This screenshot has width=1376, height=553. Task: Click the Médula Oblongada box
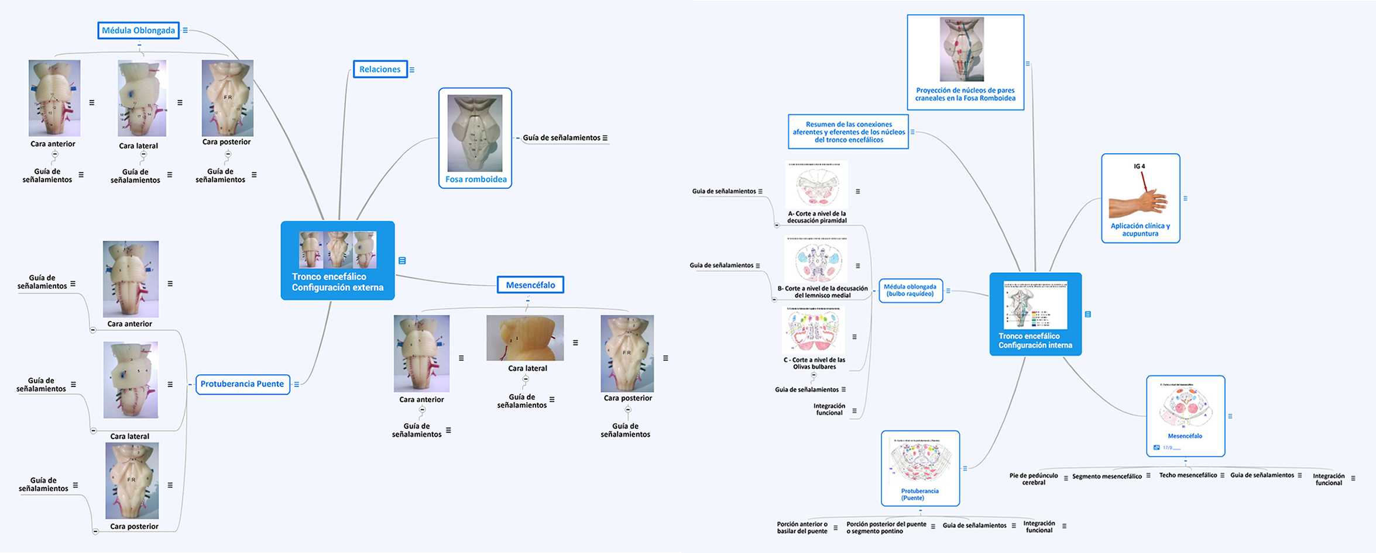[x=138, y=30]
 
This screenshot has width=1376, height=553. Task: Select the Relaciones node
[x=380, y=69]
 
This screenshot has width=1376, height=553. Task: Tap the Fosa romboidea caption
[x=476, y=179]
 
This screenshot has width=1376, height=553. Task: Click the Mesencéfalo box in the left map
[x=530, y=285]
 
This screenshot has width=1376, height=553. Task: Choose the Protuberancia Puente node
[x=242, y=384]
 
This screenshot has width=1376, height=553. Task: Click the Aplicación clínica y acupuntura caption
[x=1140, y=230]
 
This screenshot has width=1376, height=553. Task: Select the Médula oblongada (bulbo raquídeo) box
[x=910, y=291]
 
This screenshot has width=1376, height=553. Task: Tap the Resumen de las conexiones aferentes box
[x=849, y=132]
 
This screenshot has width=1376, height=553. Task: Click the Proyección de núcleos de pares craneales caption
[x=965, y=94]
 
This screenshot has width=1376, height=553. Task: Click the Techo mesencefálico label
[x=1188, y=475]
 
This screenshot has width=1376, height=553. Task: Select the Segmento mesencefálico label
[x=1107, y=476]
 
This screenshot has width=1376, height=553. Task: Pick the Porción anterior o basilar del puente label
[x=802, y=528]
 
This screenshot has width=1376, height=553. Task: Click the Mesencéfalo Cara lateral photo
[x=525, y=338]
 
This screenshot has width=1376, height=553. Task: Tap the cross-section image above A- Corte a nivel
[x=816, y=185]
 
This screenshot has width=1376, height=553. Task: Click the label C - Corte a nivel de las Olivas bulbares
[x=814, y=364]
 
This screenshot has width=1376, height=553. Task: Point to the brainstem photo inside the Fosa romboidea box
[x=475, y=133]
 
